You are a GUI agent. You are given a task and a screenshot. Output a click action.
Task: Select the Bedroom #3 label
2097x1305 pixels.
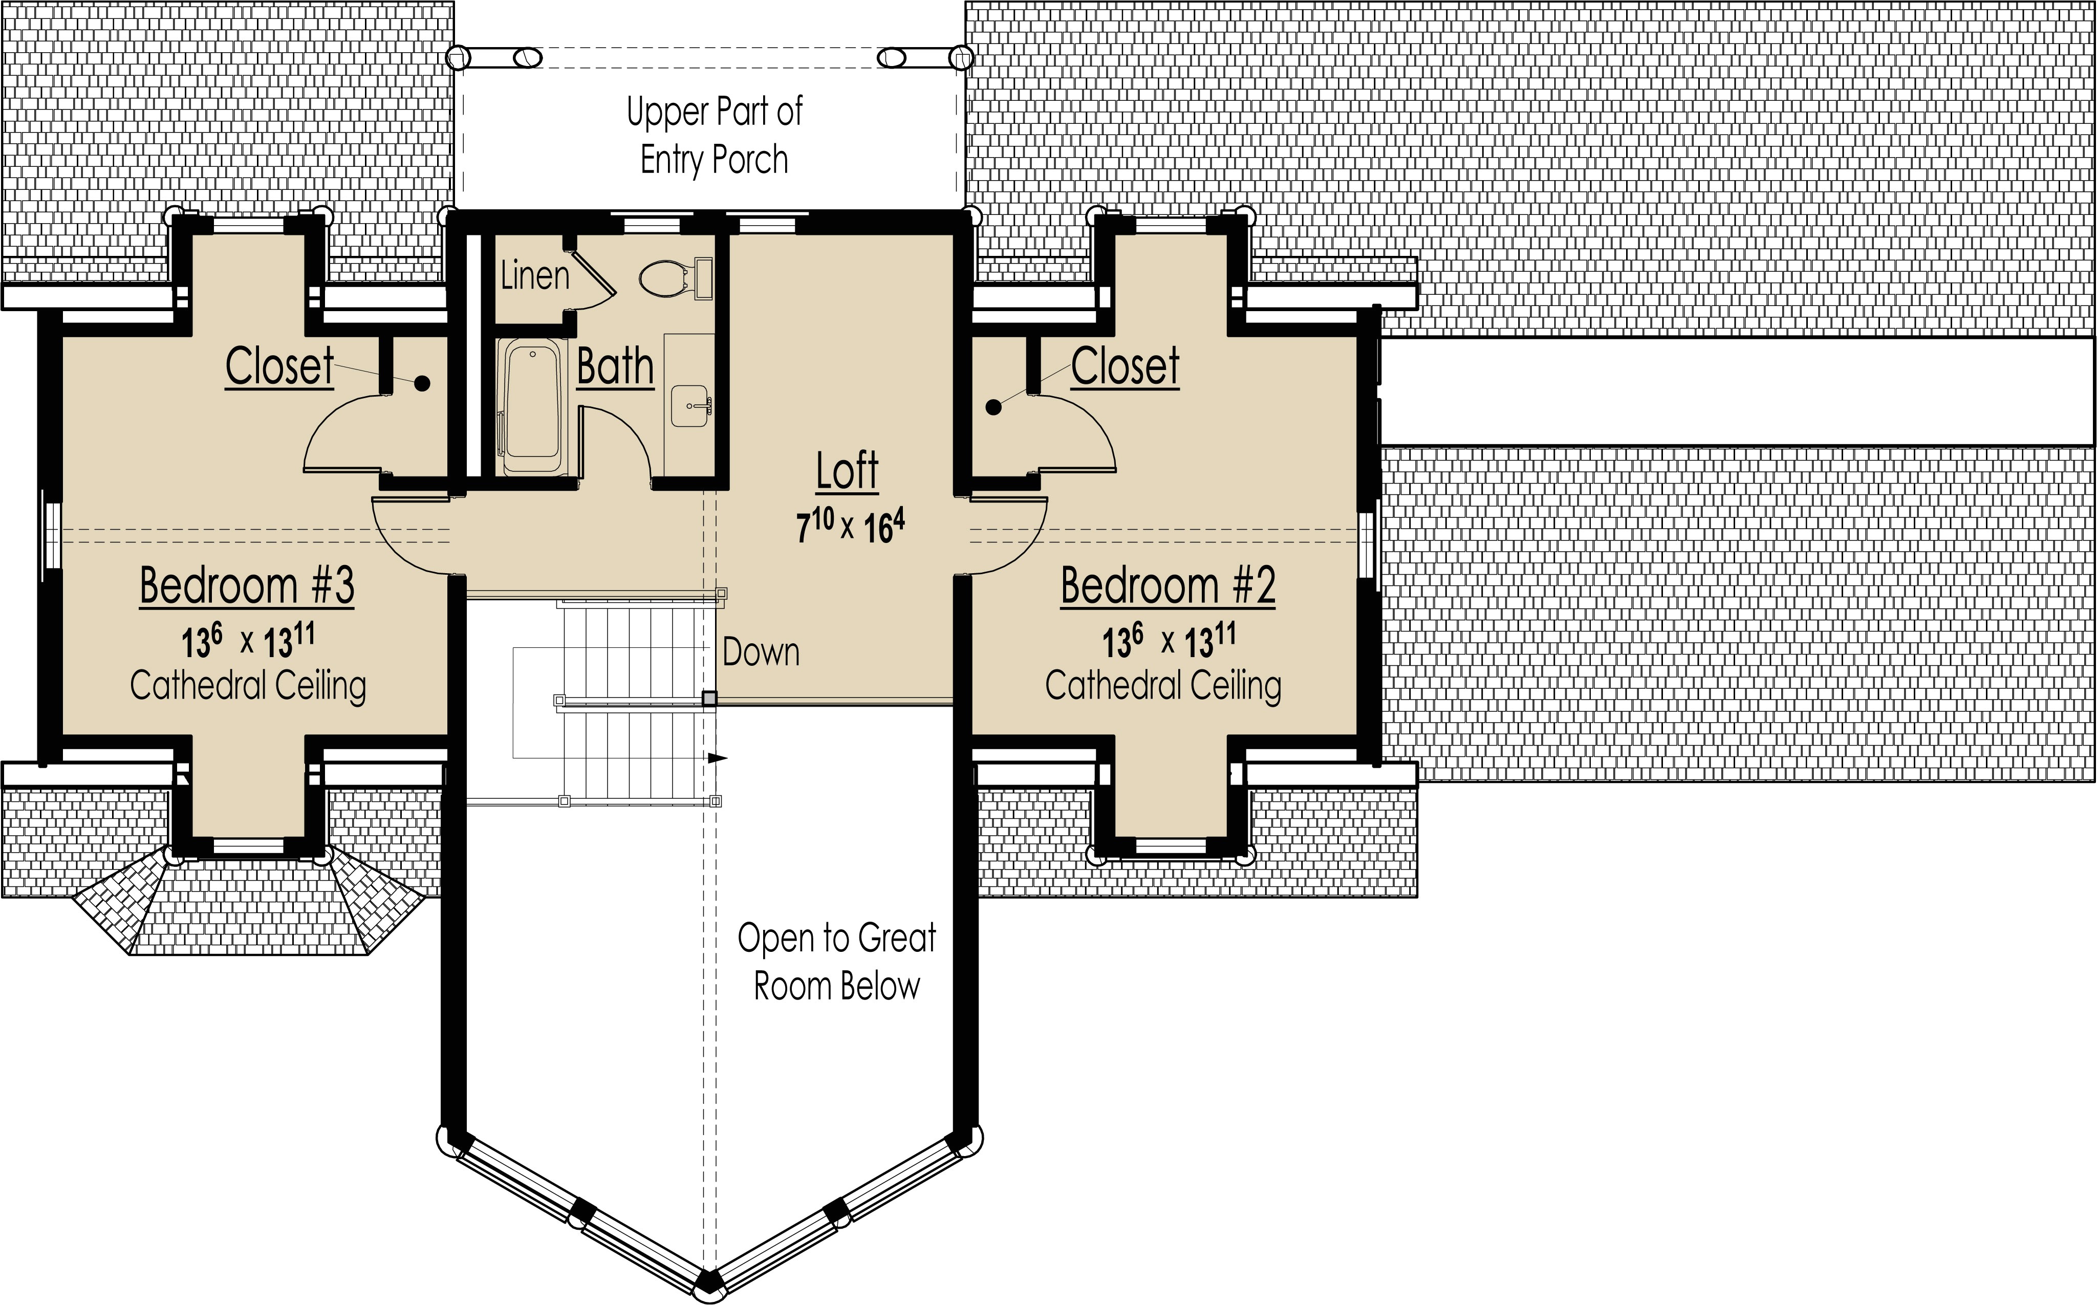tap(247, 586)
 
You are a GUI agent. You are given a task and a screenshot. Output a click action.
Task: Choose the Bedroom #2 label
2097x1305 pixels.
tap(1168, 586)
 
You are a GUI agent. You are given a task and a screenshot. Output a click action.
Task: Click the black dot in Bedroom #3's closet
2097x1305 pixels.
tap(422, 384)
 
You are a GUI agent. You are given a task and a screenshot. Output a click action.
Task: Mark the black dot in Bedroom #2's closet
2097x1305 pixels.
tap(993, 406)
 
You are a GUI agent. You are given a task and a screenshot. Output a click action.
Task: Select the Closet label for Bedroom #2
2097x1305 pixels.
tap(1125, 367)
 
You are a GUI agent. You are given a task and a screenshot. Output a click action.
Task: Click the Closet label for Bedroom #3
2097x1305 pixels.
tap(279, 367)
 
